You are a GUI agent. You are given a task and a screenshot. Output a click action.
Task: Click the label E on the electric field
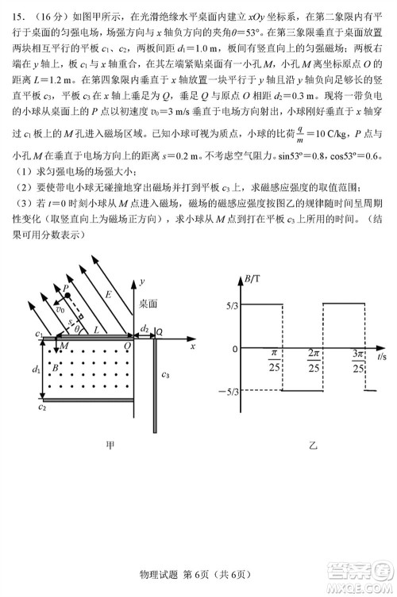[x=110, y=295]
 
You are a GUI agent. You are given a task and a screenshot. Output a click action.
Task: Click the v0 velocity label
[x=60, y=310]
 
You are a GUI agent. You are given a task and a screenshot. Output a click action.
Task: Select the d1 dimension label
[x=35, y=369]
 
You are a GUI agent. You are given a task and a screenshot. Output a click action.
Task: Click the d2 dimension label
[x=145, y=327]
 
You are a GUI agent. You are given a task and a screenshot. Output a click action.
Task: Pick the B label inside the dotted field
[x=54, y=367]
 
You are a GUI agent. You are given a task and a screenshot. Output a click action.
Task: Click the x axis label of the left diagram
[x=192, y=346]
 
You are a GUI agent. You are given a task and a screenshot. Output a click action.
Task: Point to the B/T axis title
[x=253, y=278]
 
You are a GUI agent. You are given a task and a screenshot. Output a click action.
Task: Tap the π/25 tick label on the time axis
[x=276, y=360]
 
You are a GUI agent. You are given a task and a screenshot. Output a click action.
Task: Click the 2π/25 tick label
[x=314, y=360]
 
